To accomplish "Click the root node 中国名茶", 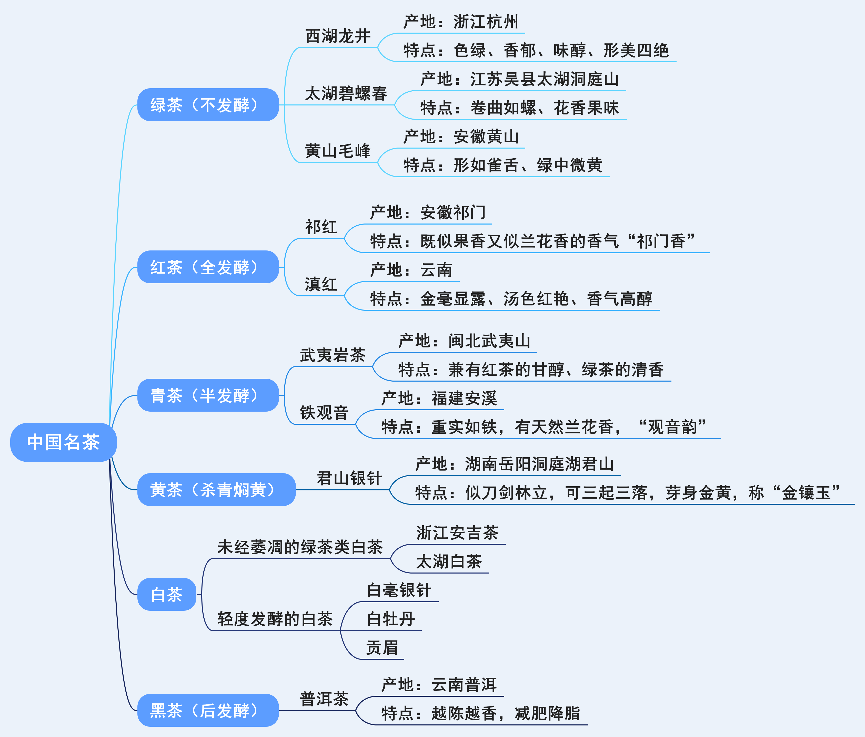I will point(64,442).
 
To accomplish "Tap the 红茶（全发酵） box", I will point(208,267).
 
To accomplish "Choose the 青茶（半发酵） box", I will point(208,395).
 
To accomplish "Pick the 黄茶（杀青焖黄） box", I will point(216,490).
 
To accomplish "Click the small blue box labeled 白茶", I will point(167,594).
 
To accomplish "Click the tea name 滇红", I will point(321,285).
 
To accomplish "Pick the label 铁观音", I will point(324,413).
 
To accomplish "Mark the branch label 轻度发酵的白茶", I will point(275,619).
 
